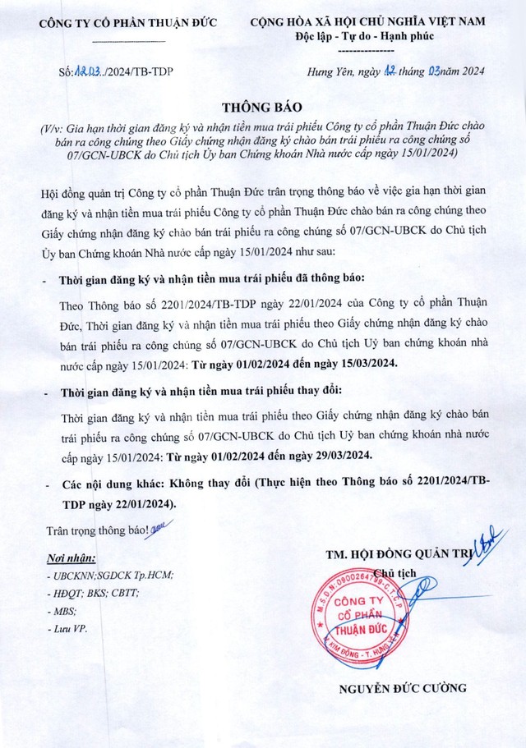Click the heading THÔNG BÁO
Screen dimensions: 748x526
(262, 108)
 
